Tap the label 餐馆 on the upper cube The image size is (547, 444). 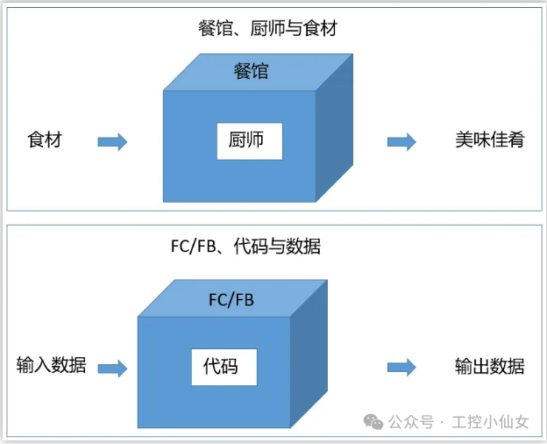tap(251, 72)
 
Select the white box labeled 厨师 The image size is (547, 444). tap(250, 141)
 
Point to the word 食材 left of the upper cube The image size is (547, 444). tap(45, 140)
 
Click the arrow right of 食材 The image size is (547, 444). tap(112, 141)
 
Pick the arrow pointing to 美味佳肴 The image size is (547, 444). tap(401, 141)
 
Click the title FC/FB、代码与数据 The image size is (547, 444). tap(245, 247)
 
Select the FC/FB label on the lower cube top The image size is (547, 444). tap(231, 300)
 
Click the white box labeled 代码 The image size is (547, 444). tap(224, 366)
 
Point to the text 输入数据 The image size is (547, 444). tap(52, 366)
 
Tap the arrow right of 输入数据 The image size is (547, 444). tap(112, 368)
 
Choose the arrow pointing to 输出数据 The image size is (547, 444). tap(401, 368)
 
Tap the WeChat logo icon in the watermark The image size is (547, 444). tap(374, 422)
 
